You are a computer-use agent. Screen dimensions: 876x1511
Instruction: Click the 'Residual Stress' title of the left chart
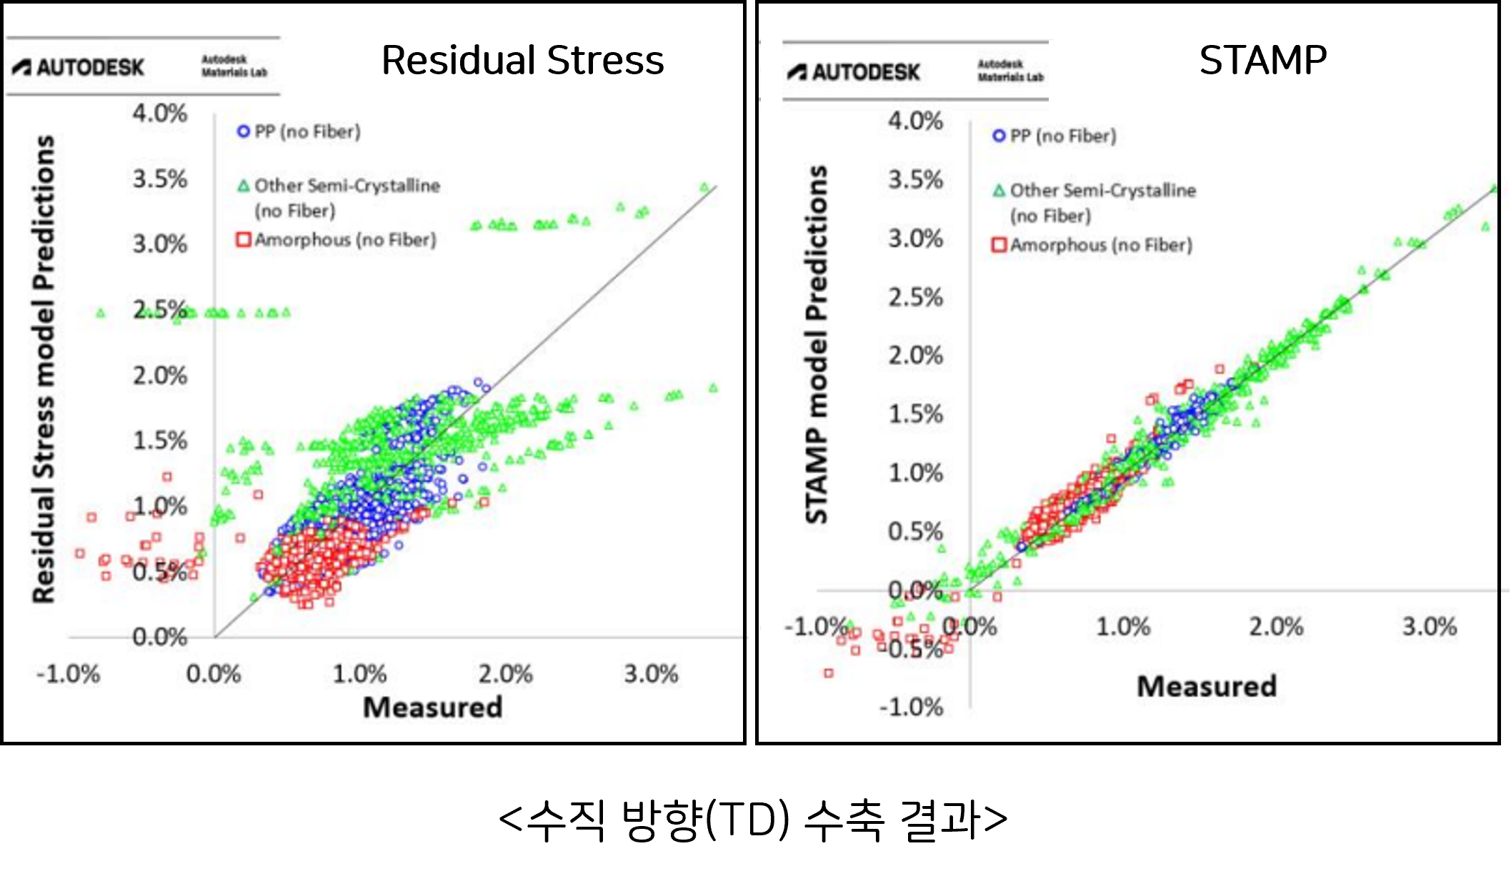tap(522, 60)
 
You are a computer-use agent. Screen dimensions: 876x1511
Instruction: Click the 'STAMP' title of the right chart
tap(1262, 60)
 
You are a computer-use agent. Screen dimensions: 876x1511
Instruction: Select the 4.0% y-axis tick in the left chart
tap(159, 114)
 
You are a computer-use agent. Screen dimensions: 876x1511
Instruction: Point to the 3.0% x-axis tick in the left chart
tap(651, 674)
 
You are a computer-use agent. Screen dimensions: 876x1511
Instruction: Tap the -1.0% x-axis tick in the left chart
tap(69, 674)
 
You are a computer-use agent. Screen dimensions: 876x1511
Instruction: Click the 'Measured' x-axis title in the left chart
tap(432, 708)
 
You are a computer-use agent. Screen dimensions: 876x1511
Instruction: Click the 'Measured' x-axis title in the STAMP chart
tap(1206, 686)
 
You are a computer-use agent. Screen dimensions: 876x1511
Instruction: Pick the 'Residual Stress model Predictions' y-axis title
tap(44, 368)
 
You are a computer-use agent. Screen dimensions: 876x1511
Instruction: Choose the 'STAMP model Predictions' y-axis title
tap(817, 345)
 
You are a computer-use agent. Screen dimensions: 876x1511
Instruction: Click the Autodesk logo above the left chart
tap(79, 68)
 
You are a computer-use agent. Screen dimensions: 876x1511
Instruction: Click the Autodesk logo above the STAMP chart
tap(854, 72)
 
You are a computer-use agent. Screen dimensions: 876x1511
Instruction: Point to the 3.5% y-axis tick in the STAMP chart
tap(915, 180)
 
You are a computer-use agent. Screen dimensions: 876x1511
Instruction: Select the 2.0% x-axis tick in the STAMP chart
tap(1276, 627)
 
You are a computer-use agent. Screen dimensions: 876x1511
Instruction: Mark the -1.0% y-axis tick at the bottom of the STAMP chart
tap(911, 708)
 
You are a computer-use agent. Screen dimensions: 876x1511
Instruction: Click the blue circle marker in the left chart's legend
tap(244, 132)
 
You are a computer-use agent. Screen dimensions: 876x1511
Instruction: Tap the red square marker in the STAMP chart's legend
tap(999, 246)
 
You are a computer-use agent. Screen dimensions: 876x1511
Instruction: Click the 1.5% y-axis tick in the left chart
tap(159, 440)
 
